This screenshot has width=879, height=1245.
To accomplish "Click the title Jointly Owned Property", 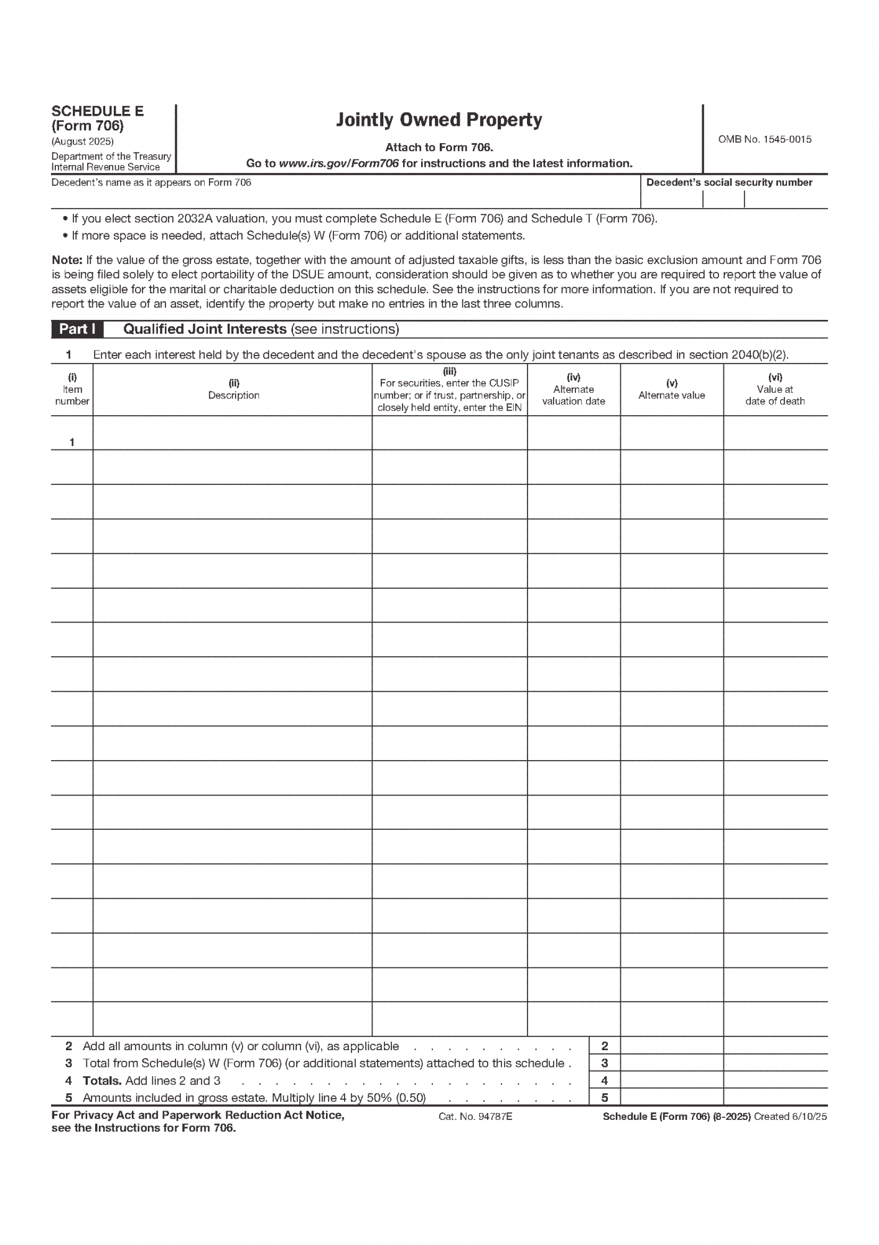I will [439, 120].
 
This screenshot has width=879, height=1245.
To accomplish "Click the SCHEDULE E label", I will [98, 111].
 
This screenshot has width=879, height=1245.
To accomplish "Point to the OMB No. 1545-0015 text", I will [765, 139].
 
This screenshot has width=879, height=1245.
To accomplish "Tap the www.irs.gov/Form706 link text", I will [338, 164].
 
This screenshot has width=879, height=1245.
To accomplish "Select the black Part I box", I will [77, 329].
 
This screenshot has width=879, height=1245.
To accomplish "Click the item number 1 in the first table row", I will [72, 442].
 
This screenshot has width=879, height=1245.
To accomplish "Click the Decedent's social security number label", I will [729, 182].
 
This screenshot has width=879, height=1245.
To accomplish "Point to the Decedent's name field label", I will [151, 182].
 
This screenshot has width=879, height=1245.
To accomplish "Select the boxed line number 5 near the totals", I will [604, 1097].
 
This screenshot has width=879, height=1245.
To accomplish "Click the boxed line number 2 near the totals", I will [604, 1046].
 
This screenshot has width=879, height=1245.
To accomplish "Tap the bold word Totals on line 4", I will [102, 1081].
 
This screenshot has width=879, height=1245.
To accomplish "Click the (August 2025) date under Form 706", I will [83, 141].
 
